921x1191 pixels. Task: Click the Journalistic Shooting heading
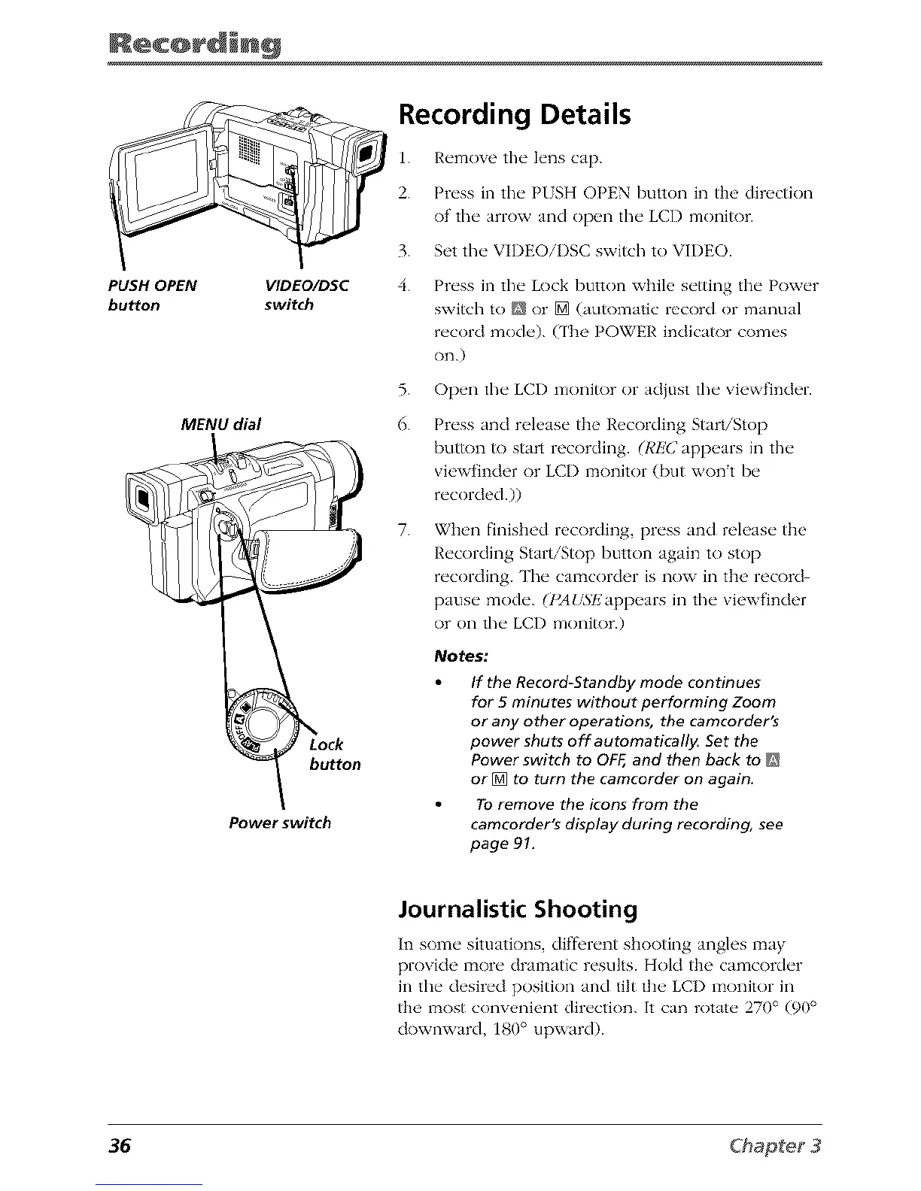(x=518, y=909)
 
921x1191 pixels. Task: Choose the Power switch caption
(x=279, y=823)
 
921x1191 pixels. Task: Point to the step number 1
(x=403, y=159)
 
